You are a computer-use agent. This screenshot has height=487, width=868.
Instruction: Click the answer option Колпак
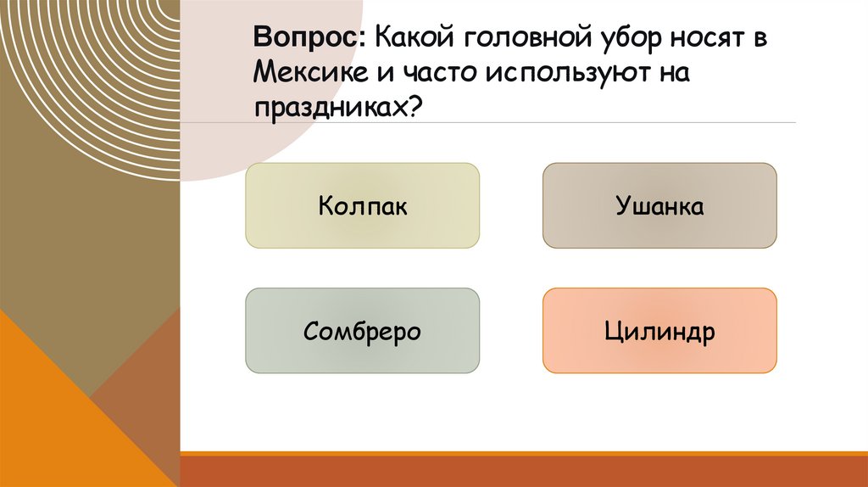[363, 206]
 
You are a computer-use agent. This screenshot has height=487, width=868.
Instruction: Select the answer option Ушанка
[659, 206]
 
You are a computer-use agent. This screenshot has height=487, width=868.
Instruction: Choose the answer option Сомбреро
[363, 331]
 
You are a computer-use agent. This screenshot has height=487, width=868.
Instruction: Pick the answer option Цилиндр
[659, 331]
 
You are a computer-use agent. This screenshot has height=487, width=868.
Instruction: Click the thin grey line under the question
[593, 123]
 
